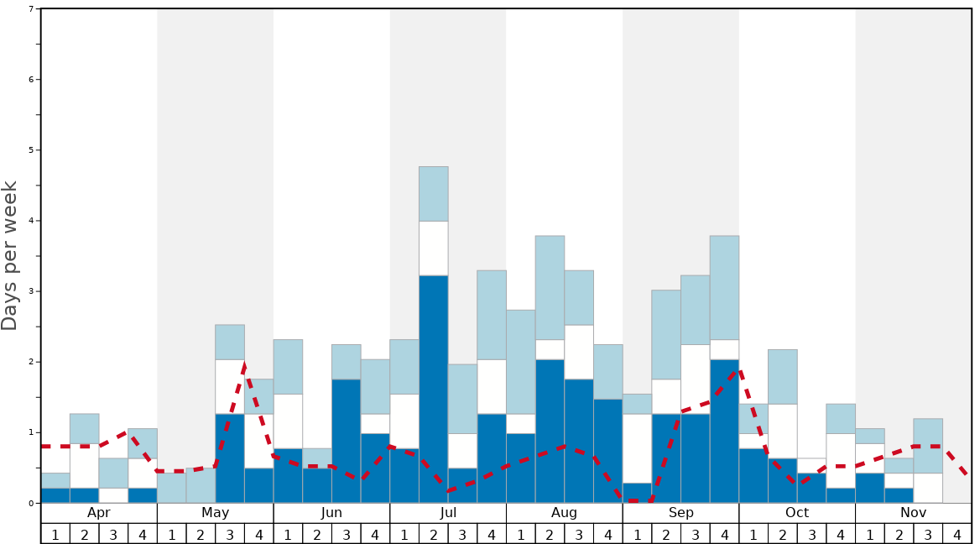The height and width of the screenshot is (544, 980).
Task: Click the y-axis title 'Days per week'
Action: (10, 256)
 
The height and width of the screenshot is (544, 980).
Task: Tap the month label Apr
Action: (99, 513)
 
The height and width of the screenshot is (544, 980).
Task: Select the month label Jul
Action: (448, 513)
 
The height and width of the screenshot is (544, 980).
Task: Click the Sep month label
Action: (680, 513)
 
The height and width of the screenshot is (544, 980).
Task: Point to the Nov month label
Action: (913, 513)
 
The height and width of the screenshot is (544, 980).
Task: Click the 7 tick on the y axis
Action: (31, 9)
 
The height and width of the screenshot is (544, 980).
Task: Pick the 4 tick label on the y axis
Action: (31, 221)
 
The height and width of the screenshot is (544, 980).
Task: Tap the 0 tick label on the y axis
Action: (31, 503)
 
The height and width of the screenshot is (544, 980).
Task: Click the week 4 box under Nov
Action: (957, 533)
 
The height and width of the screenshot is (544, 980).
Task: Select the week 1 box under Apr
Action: (55, 533)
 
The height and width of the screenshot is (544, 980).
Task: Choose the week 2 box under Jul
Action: (434, 533)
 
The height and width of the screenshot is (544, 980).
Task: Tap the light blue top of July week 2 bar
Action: (434, 194)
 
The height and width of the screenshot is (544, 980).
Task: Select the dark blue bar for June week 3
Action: (347, 441)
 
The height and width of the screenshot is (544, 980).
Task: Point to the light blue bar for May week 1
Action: (172, 488)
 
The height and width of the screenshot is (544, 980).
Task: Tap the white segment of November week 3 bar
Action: (928, 488)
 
